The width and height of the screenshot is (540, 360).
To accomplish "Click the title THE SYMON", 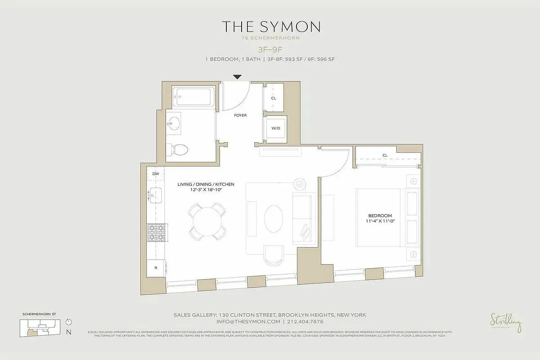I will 270,27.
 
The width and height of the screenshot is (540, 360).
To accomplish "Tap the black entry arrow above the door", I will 237,77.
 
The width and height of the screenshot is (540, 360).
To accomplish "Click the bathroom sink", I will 174,122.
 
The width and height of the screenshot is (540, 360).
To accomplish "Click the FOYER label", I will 240,116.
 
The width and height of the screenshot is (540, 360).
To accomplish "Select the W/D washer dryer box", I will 275,128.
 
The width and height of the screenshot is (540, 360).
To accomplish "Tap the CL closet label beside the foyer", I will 274,98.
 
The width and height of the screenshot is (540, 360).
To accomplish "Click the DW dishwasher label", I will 156,174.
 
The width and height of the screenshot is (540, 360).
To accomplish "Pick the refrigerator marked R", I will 156,268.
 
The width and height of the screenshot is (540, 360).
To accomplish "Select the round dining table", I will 207,221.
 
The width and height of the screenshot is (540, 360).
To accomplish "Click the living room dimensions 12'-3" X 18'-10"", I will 206,190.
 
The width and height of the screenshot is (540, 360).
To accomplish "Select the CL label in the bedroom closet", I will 385,156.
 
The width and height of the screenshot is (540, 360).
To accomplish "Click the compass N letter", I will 68,333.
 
